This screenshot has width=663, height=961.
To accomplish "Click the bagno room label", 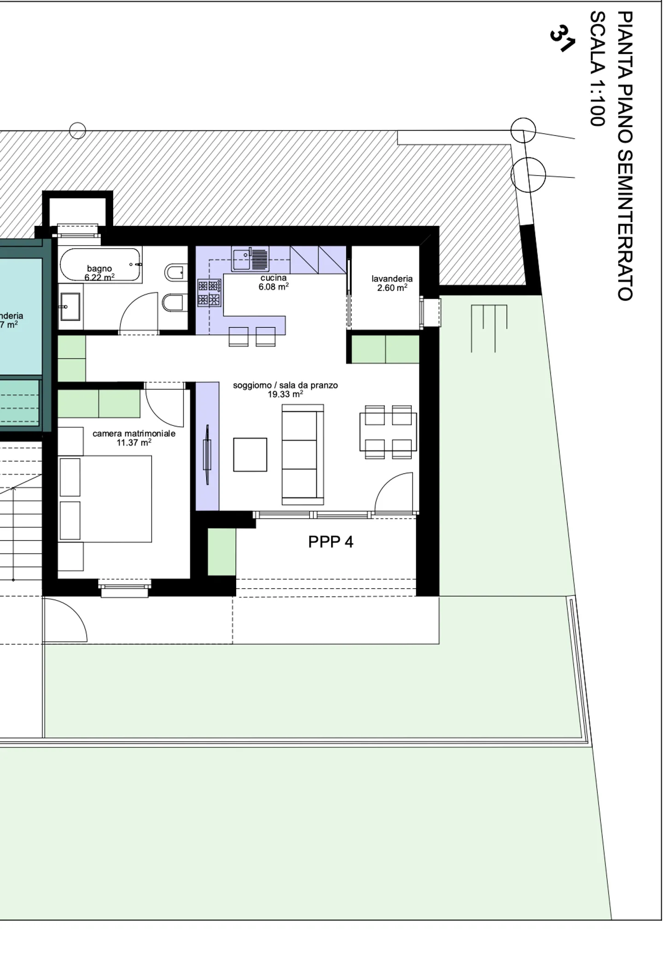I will point(99,269).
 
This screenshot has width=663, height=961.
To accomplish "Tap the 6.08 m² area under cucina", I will point(273,287).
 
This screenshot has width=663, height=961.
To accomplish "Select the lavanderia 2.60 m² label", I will point(392,283).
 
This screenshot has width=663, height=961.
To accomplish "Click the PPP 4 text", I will point(331,542).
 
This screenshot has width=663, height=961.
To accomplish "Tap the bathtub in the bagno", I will point(100,265).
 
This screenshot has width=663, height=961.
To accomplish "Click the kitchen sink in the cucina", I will point(250,259).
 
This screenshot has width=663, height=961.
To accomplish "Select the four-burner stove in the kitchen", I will point(209,293).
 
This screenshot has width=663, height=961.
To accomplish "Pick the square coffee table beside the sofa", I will point(250,454).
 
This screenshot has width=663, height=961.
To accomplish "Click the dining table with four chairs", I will point(388,432).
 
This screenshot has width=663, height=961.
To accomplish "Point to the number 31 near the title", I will point(562,39).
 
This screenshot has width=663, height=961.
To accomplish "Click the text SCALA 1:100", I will point(597,69).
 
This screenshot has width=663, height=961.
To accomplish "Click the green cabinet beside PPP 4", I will point(221,552).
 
